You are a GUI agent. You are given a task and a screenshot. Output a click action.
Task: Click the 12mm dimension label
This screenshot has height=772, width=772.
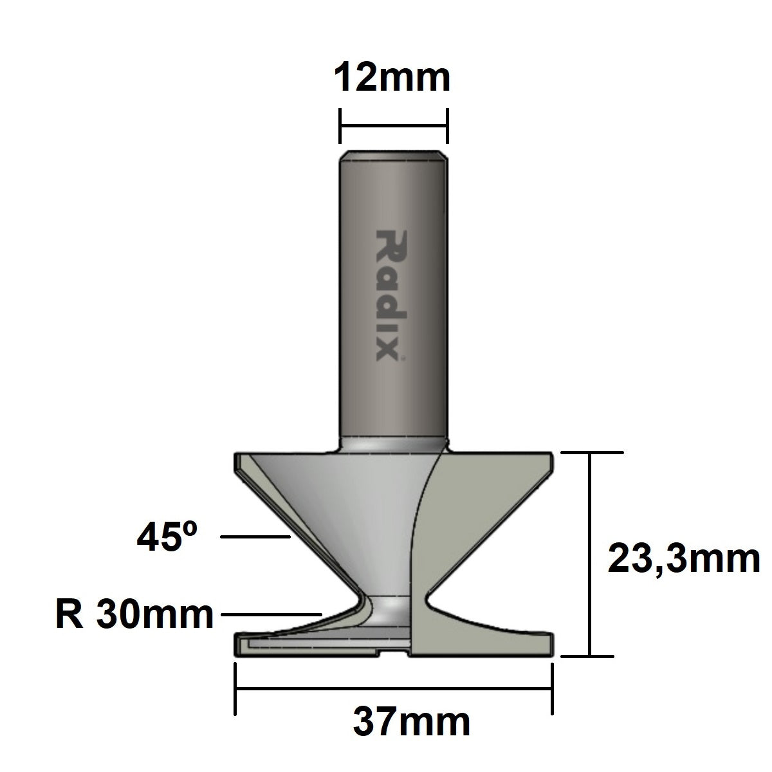[x=392, y=78]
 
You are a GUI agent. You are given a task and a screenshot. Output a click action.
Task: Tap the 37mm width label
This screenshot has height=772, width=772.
[x=412, y=722]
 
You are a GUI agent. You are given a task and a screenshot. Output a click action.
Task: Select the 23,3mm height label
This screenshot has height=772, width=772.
[x=683, y=558]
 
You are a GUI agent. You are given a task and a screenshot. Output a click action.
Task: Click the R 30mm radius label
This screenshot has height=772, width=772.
[x=134, y=615]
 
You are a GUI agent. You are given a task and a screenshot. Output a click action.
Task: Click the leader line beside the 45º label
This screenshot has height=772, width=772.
[x=254, y=536]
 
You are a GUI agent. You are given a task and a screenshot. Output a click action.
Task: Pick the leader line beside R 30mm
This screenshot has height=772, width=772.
[x=270, y=615]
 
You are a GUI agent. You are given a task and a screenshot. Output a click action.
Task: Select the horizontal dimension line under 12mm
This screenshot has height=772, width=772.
[x=393, y=126]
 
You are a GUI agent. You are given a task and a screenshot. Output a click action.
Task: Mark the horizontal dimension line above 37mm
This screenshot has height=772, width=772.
[x=393, y=688]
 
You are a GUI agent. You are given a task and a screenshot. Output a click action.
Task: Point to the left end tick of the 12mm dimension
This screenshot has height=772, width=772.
[x=340, y=126]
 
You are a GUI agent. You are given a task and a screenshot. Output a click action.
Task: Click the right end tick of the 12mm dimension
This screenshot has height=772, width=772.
[x=446, y=126]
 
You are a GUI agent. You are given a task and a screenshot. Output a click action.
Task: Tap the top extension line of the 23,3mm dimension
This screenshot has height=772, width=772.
[x=593, y=453]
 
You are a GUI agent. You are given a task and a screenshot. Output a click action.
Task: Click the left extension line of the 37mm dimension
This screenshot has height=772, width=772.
[x=235, y=688]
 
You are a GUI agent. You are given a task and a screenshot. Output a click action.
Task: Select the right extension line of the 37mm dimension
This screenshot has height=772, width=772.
[x=551, y=688]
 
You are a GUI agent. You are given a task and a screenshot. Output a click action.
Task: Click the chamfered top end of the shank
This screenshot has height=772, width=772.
[x=393, y=155]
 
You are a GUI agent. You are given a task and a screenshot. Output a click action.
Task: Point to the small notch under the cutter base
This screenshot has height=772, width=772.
[x=394, y=655]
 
